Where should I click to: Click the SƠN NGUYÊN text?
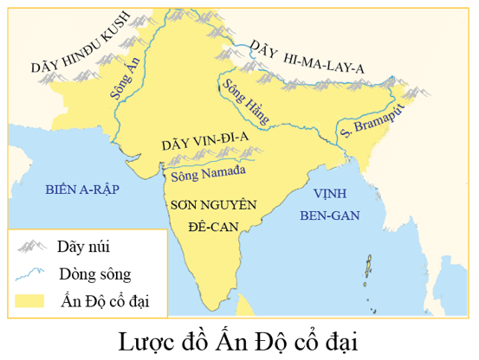tap(213, 204)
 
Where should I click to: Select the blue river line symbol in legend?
tap(32, 274)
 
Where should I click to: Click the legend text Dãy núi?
tap(88, 247)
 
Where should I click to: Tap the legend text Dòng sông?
tap(95, 274)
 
